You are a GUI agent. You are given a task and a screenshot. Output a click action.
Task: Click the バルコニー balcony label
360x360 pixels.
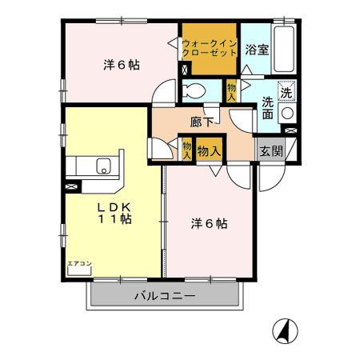[x=164, y=295]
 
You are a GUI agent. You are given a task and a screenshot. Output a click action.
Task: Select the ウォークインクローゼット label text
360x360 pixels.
[x=209, y=46]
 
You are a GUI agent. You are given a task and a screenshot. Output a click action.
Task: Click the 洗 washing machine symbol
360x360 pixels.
[x=286, y=90]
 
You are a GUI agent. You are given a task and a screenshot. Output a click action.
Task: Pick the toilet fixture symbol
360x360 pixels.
[x=194, y=90]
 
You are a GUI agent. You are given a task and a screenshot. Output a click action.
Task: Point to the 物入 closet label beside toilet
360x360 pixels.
[x=230, y=90]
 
